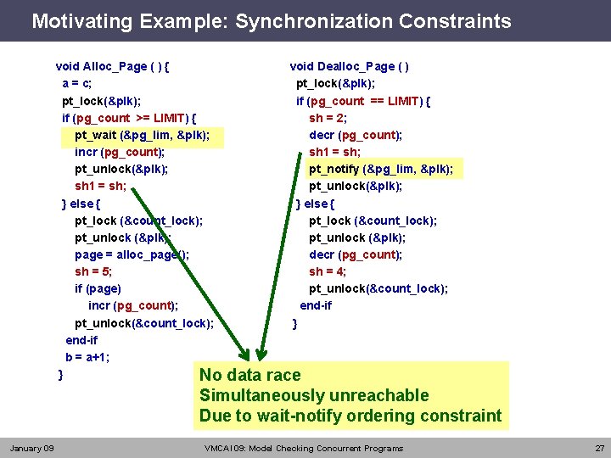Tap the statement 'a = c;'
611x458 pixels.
77,83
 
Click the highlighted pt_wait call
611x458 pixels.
143,135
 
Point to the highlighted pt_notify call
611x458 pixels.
380,169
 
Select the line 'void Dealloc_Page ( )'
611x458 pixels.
350,66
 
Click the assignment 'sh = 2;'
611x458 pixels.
328,118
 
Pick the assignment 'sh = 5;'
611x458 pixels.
93,271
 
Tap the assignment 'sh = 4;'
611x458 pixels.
328,271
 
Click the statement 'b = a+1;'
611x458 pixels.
87,357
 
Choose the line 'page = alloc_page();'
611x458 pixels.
132,254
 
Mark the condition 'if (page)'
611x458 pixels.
98,288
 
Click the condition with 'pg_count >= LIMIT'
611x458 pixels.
130,118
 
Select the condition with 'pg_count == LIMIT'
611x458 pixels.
363,101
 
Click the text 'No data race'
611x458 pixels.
249,375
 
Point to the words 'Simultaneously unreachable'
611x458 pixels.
314,395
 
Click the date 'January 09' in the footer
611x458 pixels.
31,448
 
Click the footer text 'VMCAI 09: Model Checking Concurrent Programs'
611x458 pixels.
304,448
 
